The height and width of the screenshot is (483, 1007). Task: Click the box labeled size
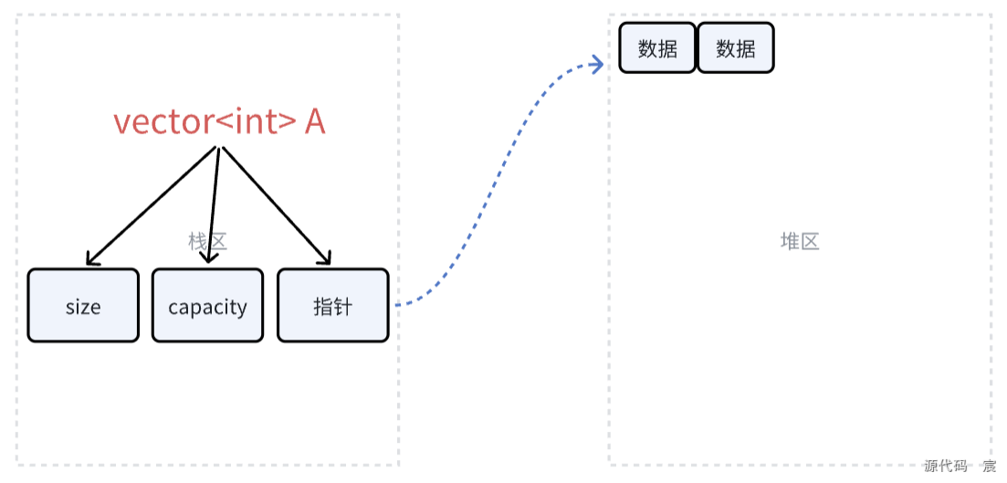83,306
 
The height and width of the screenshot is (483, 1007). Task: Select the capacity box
207,306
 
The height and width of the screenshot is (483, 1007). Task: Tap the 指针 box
332,306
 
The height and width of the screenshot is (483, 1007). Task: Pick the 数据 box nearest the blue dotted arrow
657,48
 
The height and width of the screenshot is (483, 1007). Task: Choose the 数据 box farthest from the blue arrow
735,48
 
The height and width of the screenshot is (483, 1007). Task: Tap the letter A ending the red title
314,122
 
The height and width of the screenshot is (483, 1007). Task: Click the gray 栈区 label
207,241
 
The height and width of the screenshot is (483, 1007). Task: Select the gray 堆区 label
800,241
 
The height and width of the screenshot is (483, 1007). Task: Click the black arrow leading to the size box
151,205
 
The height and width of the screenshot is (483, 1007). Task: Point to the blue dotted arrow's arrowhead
598,64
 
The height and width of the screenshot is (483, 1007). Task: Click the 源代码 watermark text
946,467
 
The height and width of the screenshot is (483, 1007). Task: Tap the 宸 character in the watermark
989,467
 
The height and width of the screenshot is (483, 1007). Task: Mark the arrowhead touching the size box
90,259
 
